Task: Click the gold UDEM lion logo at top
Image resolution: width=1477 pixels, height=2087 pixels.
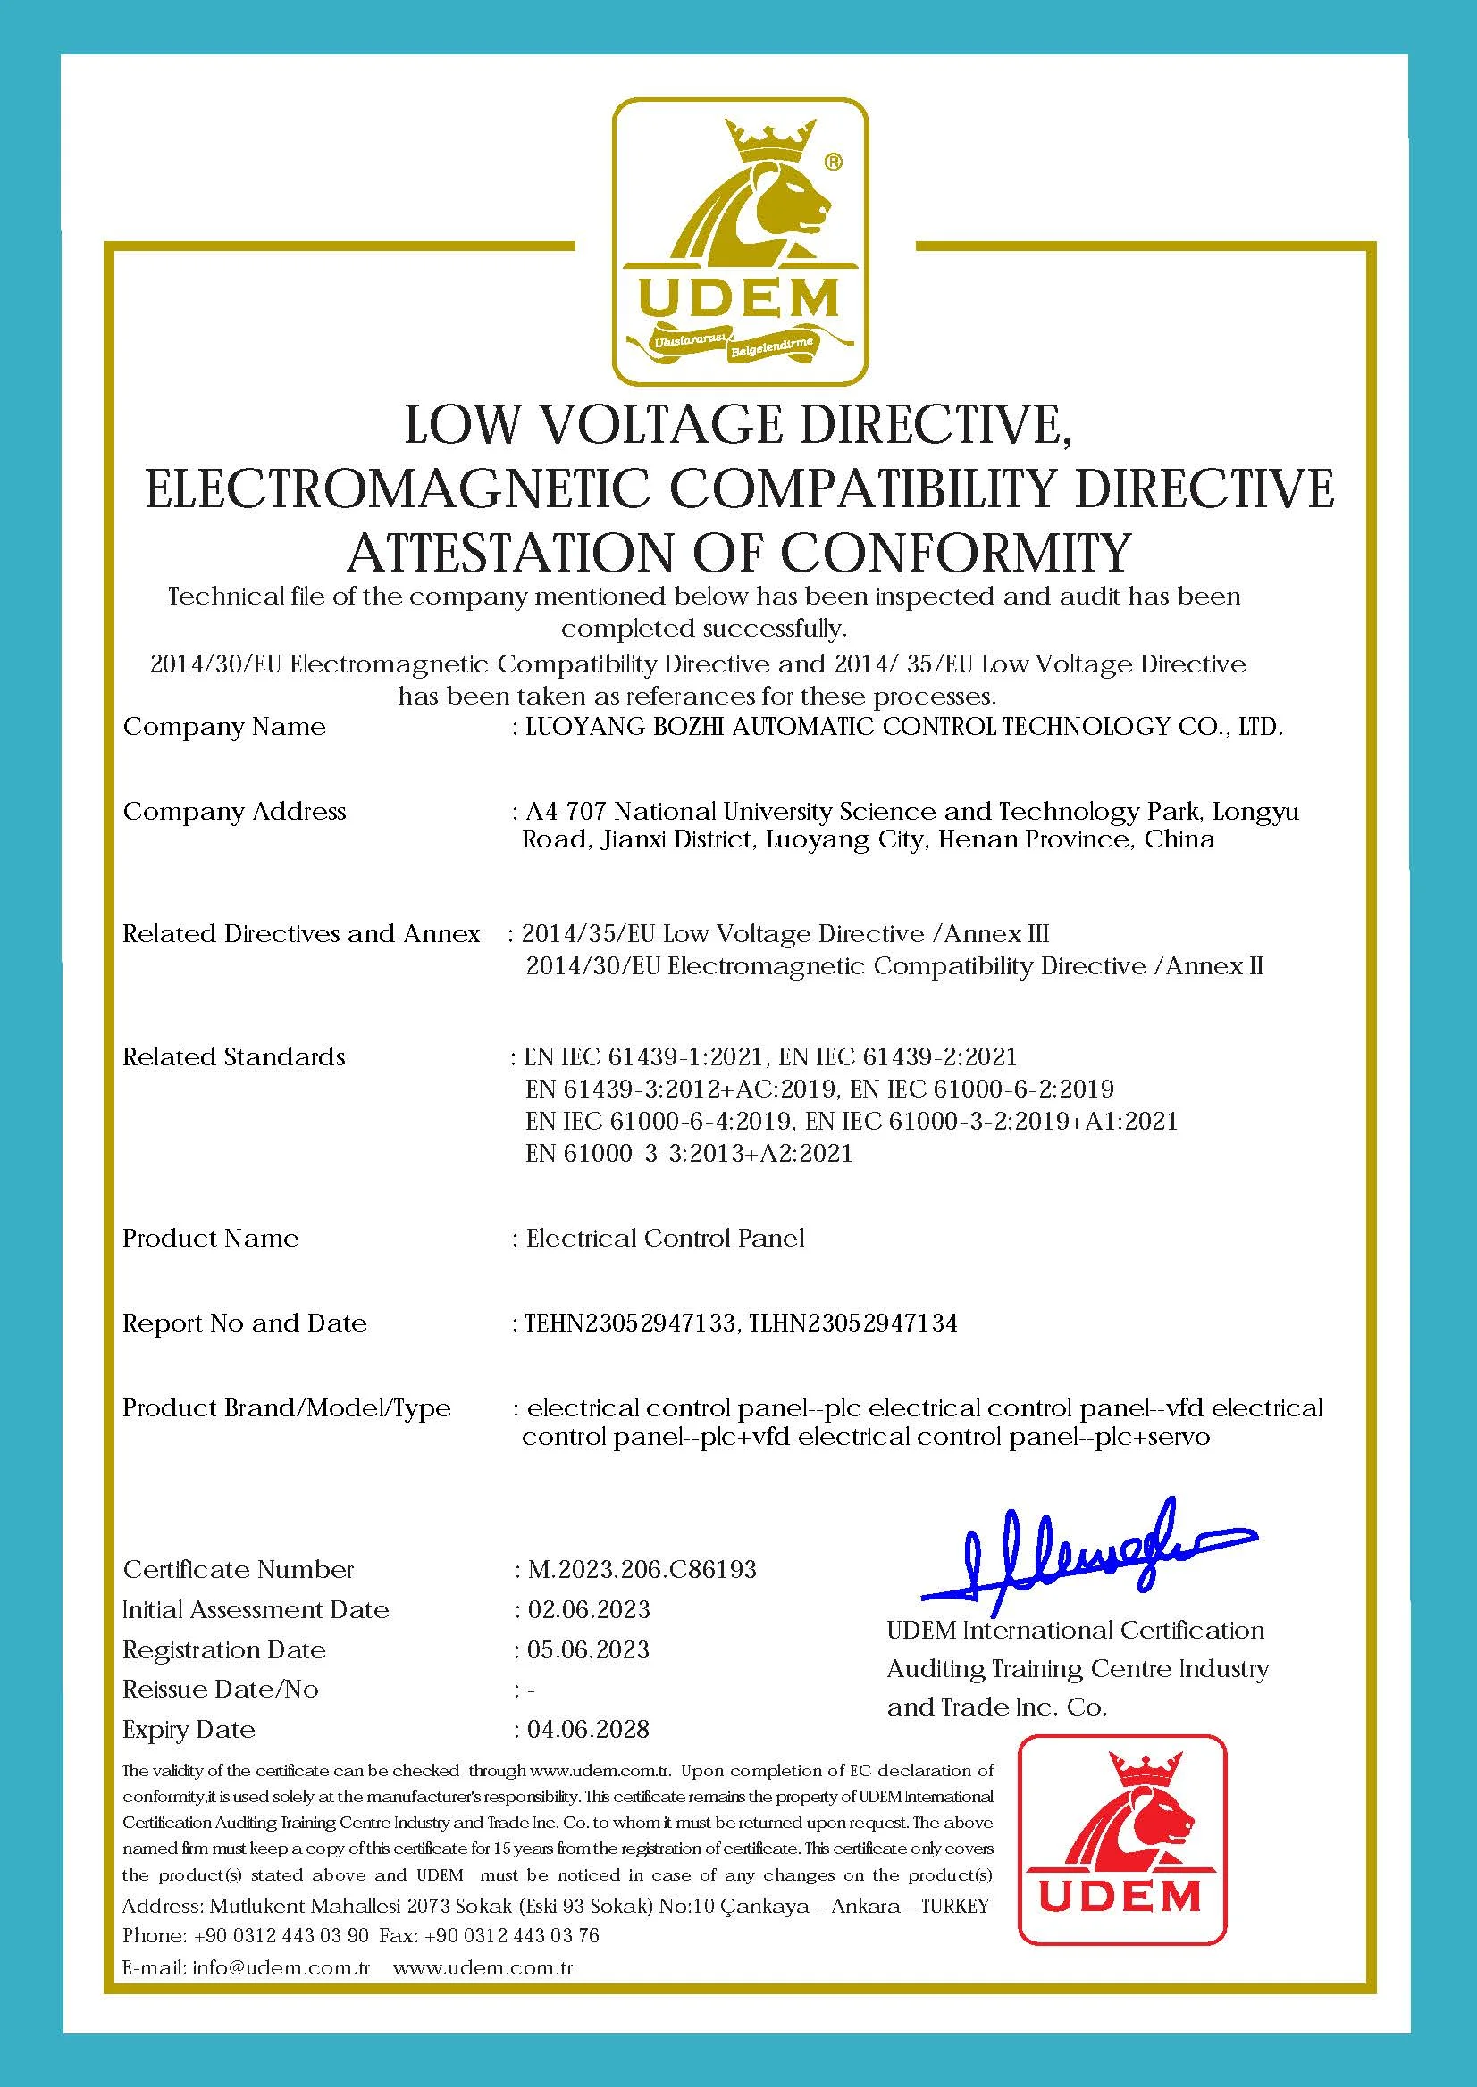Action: (x=738, y=241)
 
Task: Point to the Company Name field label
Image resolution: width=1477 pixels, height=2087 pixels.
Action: (x=224, y=727)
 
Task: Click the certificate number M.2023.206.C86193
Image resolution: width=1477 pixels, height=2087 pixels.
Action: (x=642, y=1570)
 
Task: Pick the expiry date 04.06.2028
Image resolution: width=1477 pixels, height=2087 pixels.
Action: (x=589, y=1729)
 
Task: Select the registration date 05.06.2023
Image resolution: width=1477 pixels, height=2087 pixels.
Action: (x=589, y=1649)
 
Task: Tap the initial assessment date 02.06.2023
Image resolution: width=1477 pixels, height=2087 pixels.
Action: (x=589, y=1610)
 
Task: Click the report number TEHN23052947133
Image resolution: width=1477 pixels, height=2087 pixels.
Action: (x=630, y=1323)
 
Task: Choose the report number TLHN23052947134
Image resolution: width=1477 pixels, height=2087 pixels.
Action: (x=853, y=1323)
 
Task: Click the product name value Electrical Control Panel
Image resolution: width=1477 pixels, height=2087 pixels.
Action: (x=665, y=1238)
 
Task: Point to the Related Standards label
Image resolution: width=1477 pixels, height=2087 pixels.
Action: (x=234, y=1057)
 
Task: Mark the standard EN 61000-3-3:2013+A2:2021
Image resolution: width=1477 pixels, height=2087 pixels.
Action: (x=689, y=1154)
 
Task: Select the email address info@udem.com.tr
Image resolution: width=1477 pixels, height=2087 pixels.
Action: (x=281, y=1968)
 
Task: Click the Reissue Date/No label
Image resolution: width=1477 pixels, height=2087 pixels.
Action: (x=220, y=1690)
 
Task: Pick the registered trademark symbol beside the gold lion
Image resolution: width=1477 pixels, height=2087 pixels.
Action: (x=832, y=162)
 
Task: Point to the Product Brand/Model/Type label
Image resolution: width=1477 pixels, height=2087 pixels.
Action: (x=287, y=1408)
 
